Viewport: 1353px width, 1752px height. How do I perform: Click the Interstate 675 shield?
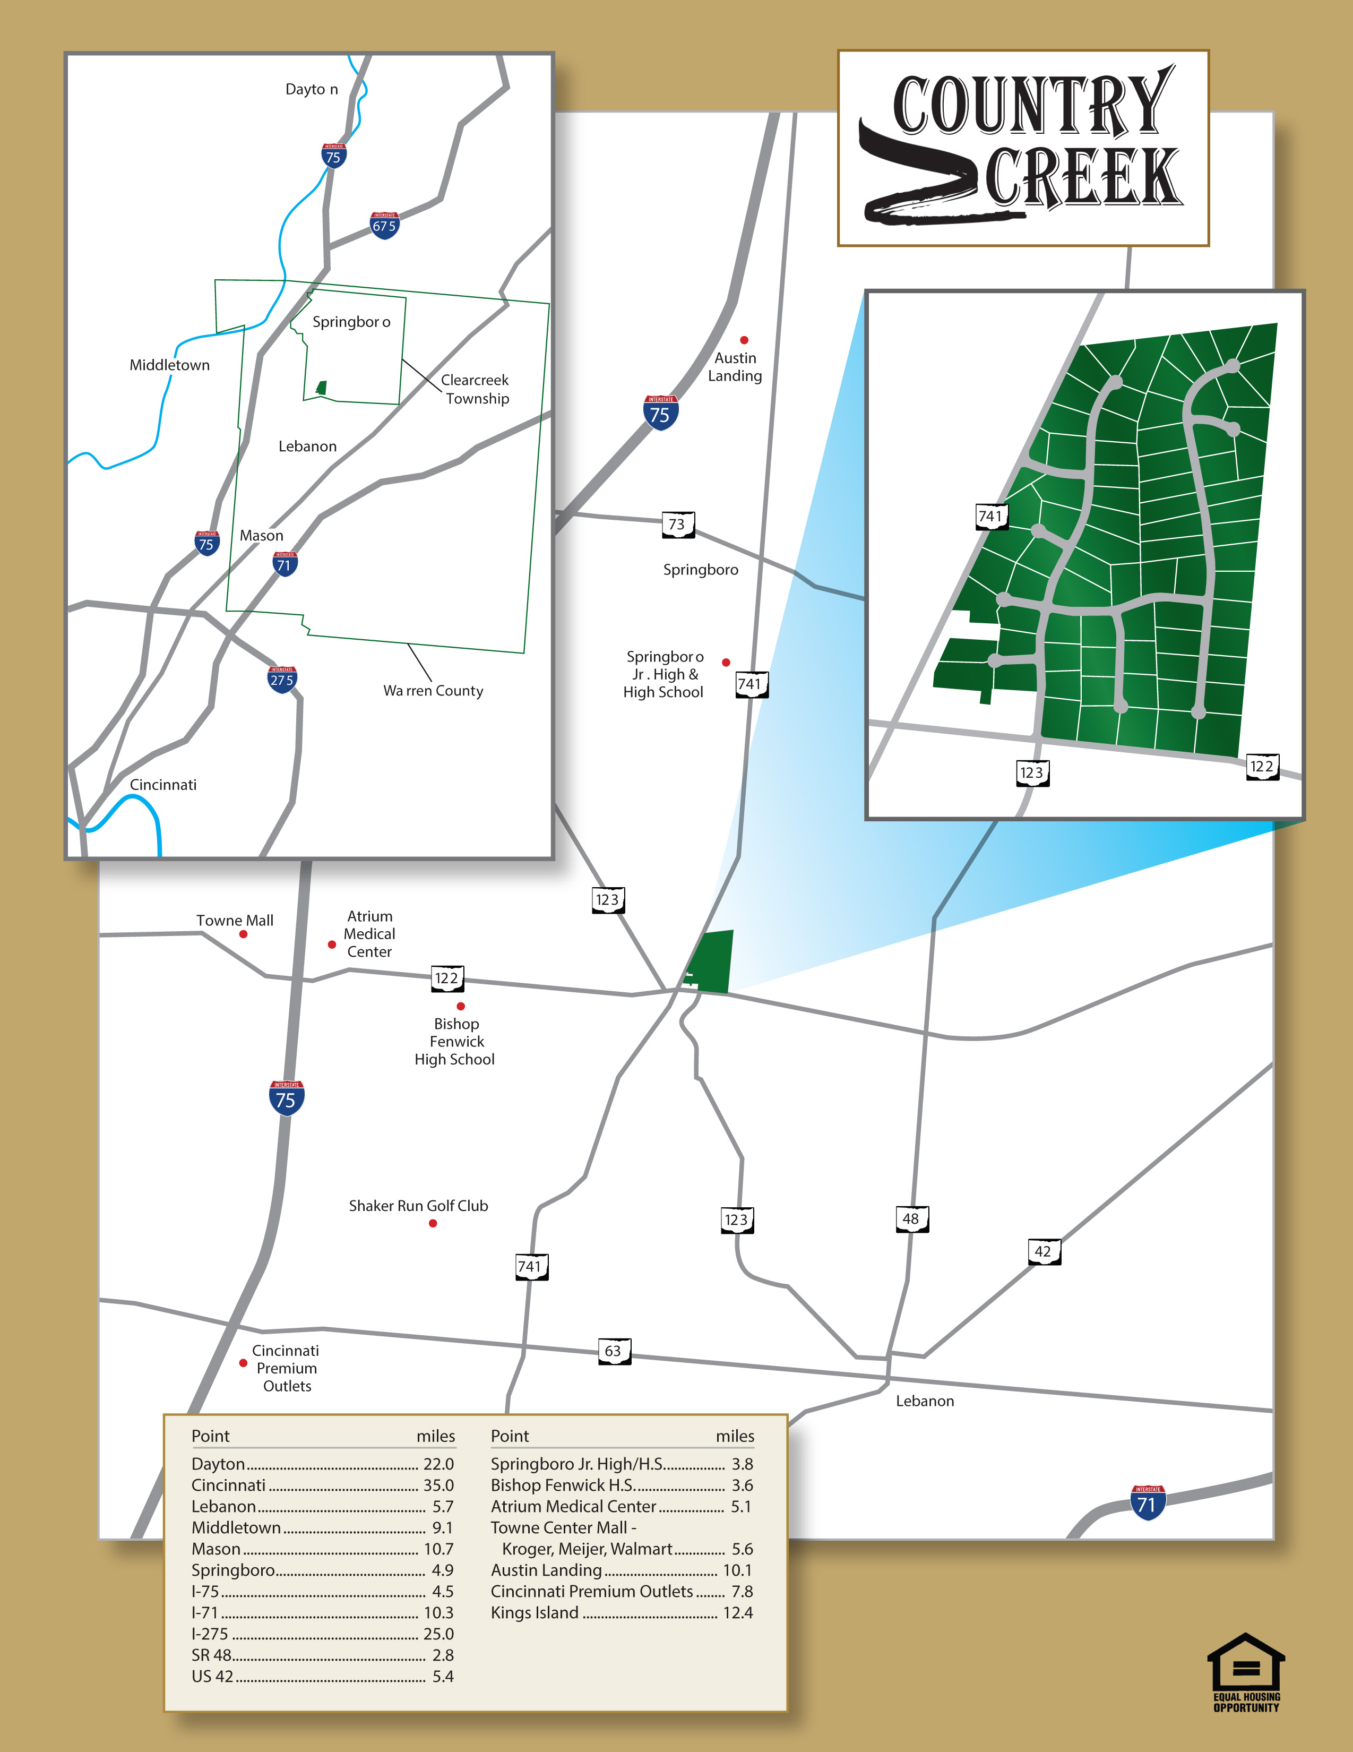pos(384,226)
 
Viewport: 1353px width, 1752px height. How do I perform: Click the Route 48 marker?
pos(910,1219)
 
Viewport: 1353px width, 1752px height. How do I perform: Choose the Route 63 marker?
pos(614,1351)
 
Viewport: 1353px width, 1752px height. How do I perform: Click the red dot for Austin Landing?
pos(744,340)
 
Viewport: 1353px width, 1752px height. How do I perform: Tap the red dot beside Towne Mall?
pos(243,934)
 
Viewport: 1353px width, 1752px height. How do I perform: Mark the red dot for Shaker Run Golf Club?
pos(433,1223)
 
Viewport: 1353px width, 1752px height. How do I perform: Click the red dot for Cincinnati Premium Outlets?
pos(243,1363)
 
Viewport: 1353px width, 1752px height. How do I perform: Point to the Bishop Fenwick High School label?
pos(455,1041)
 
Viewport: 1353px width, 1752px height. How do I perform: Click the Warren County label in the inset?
pos(433,691)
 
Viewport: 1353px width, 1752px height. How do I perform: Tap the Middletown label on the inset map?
pos(169,365)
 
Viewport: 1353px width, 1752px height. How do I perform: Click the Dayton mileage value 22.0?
pos(438,1464)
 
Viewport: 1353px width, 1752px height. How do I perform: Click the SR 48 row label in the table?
pos(211,1655)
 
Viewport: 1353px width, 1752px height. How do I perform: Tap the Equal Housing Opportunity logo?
pos(1246,1672)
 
